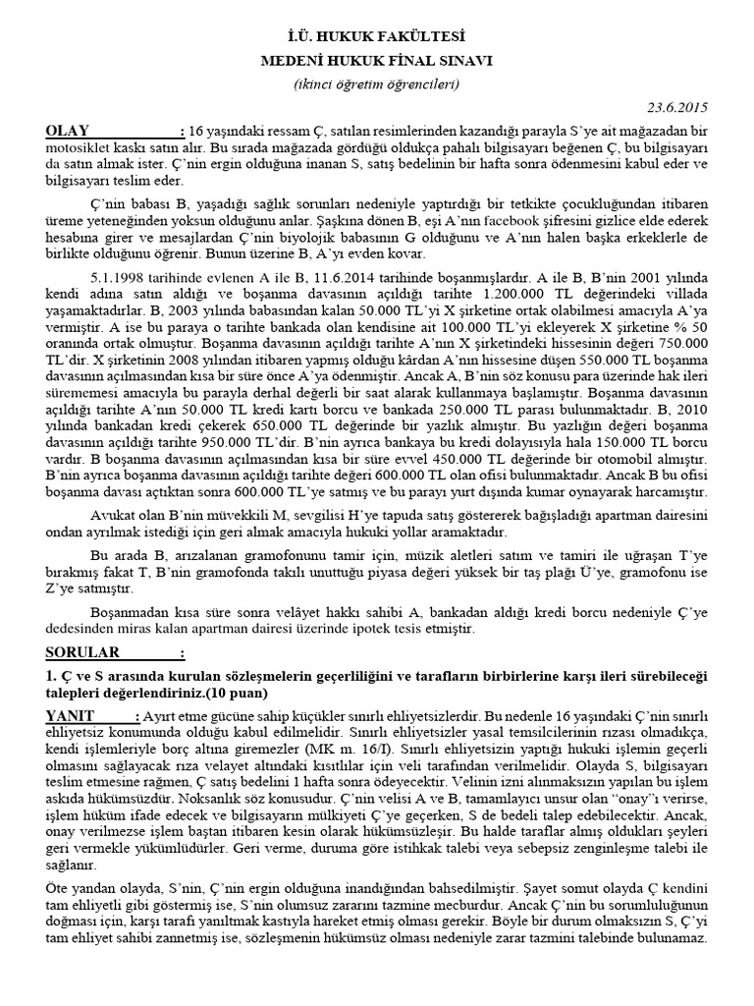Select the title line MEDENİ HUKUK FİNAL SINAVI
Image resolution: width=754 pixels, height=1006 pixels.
coord(377,61)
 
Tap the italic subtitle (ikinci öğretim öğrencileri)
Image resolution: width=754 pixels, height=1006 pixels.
coord(377,84)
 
